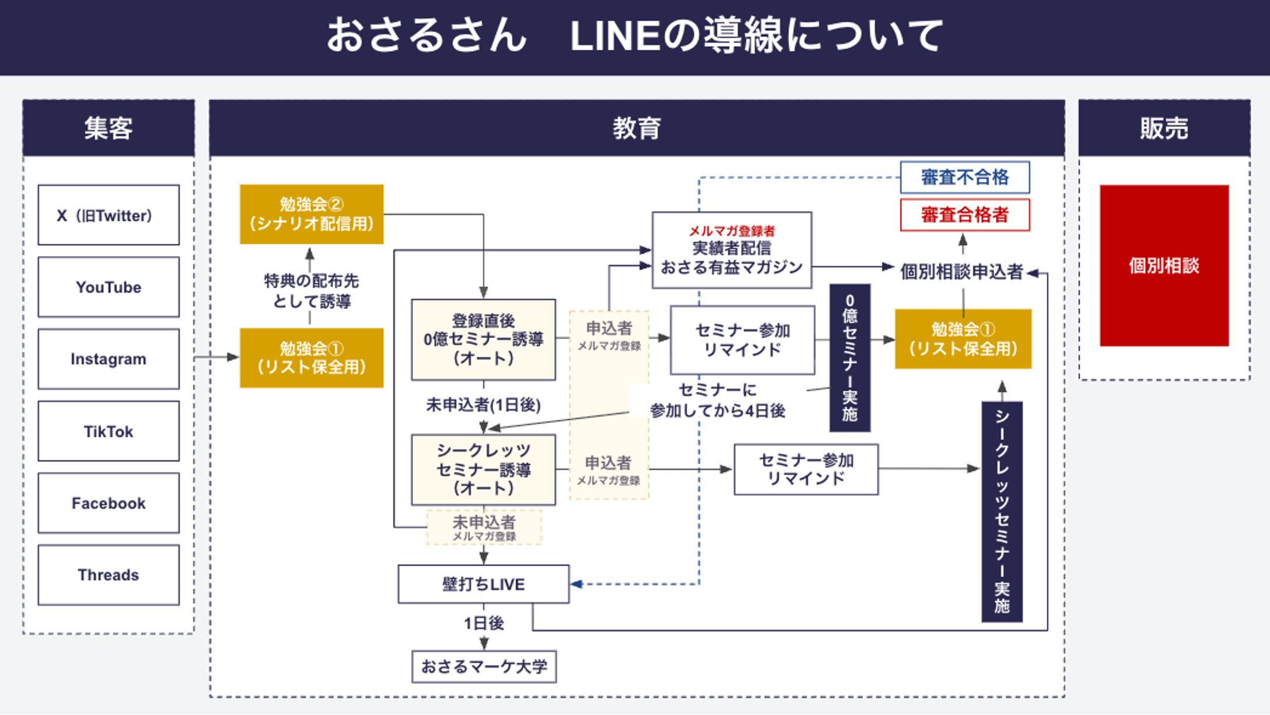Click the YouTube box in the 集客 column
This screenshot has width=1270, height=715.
pos(108,287)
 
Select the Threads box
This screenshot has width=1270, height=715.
pos(108,575)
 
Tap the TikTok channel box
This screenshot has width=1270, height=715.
pos(108,431)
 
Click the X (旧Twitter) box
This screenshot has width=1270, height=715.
pos(108,215)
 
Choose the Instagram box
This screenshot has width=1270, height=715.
pos(108,359)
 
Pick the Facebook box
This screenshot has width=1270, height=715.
pos(108,503)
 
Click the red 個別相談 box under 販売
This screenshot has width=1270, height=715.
pos(1164,265)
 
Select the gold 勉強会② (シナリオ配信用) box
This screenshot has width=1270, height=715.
pos(311,214)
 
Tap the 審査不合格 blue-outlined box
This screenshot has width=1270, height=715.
pos(964,177)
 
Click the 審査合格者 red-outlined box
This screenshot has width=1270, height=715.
pos(964,215)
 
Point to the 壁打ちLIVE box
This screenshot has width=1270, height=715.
pos(483,584)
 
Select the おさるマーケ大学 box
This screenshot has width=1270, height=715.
pos(484,666)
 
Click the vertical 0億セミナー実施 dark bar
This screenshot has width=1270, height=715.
pos(850,357)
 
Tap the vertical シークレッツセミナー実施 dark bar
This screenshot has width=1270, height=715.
pos(1001,511)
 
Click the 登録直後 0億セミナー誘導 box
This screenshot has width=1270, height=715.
pos(483,339)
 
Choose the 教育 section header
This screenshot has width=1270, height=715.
pos(636,128)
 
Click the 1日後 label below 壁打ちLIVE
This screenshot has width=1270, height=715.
pos(483,623)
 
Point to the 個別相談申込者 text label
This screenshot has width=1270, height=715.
pos(961,272)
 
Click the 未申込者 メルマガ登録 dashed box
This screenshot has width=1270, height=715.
pos(484,528)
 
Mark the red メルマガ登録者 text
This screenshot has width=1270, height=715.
pos(732,231)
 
